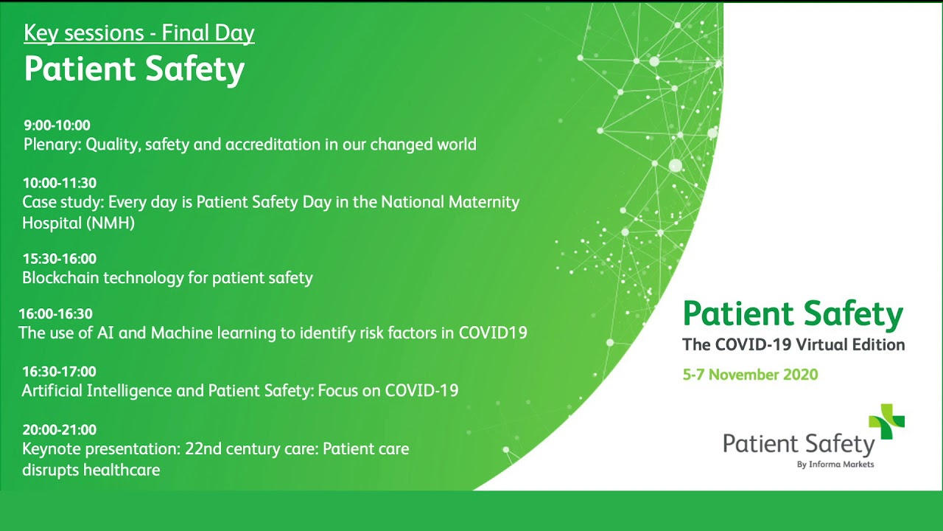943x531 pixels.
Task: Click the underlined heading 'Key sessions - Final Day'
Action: click(x=139, y=34)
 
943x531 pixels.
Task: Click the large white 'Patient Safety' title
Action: click(x=134, y=69)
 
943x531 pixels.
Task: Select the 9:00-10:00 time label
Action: click(x=57, y=125)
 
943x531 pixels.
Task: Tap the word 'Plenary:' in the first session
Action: click(x=52, y=145)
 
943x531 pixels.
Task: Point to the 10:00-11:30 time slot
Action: click(x=60, y=183)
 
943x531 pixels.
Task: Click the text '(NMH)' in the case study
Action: click(x=111, y=223)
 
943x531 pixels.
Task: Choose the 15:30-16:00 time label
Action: click(x=60, y=259)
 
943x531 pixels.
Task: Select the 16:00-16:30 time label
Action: click(x=56, y=314)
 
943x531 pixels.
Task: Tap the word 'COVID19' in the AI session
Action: click(x=493, y=333)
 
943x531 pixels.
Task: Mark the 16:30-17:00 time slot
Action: click(x=60, y=372)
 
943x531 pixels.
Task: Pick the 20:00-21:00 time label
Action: click(x=60, y=430)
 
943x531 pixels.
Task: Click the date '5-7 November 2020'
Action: click(x=750, y=375)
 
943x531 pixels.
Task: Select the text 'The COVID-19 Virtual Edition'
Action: click(x=793, y=344)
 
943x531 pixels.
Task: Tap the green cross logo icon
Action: click(x=887, y=421)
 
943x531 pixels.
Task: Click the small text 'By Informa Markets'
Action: click(x=835, y=465)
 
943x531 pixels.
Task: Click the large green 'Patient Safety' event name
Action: click(x=793, y=315)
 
